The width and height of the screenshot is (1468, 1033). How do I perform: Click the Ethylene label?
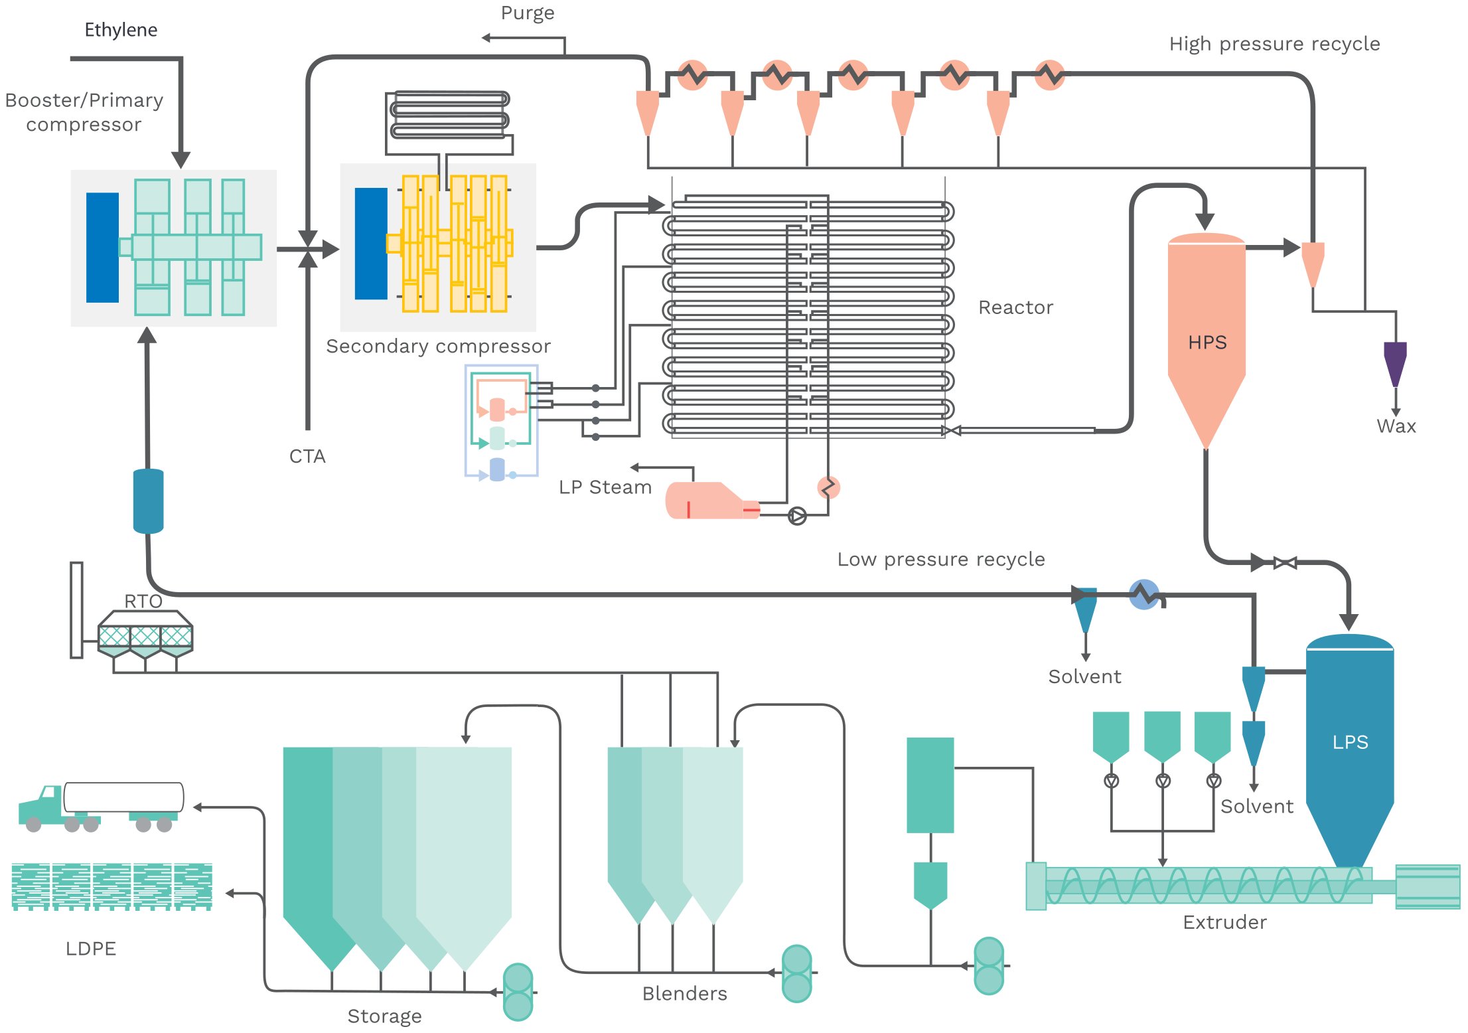pos(121,30)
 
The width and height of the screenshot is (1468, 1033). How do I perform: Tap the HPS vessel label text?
pos(1207,343)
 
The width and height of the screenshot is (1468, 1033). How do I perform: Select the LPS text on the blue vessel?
pos(1350,742)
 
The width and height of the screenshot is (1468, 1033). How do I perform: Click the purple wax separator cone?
pos(1395,362)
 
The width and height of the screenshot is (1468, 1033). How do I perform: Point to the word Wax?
pos(1396,426)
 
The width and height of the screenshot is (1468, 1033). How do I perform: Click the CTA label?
pos(307,457)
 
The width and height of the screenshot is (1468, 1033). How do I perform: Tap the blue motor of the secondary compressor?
pos(371,244)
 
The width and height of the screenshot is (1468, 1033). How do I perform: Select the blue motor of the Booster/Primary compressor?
pos(102,248)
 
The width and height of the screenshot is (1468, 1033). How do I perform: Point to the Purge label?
pos(527,13)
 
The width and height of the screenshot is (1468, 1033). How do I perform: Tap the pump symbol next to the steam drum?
pos(797,516)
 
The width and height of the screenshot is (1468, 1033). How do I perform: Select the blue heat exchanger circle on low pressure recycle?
pos(1144,594)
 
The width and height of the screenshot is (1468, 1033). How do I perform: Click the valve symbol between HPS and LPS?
pos(1285,564)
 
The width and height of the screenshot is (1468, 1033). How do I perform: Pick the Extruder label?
pos(1224,922)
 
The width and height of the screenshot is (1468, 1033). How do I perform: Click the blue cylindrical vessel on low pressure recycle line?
pos(148,501)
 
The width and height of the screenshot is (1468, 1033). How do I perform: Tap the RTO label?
pos(143,601)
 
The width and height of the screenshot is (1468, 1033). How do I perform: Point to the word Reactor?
pos(1015,307)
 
